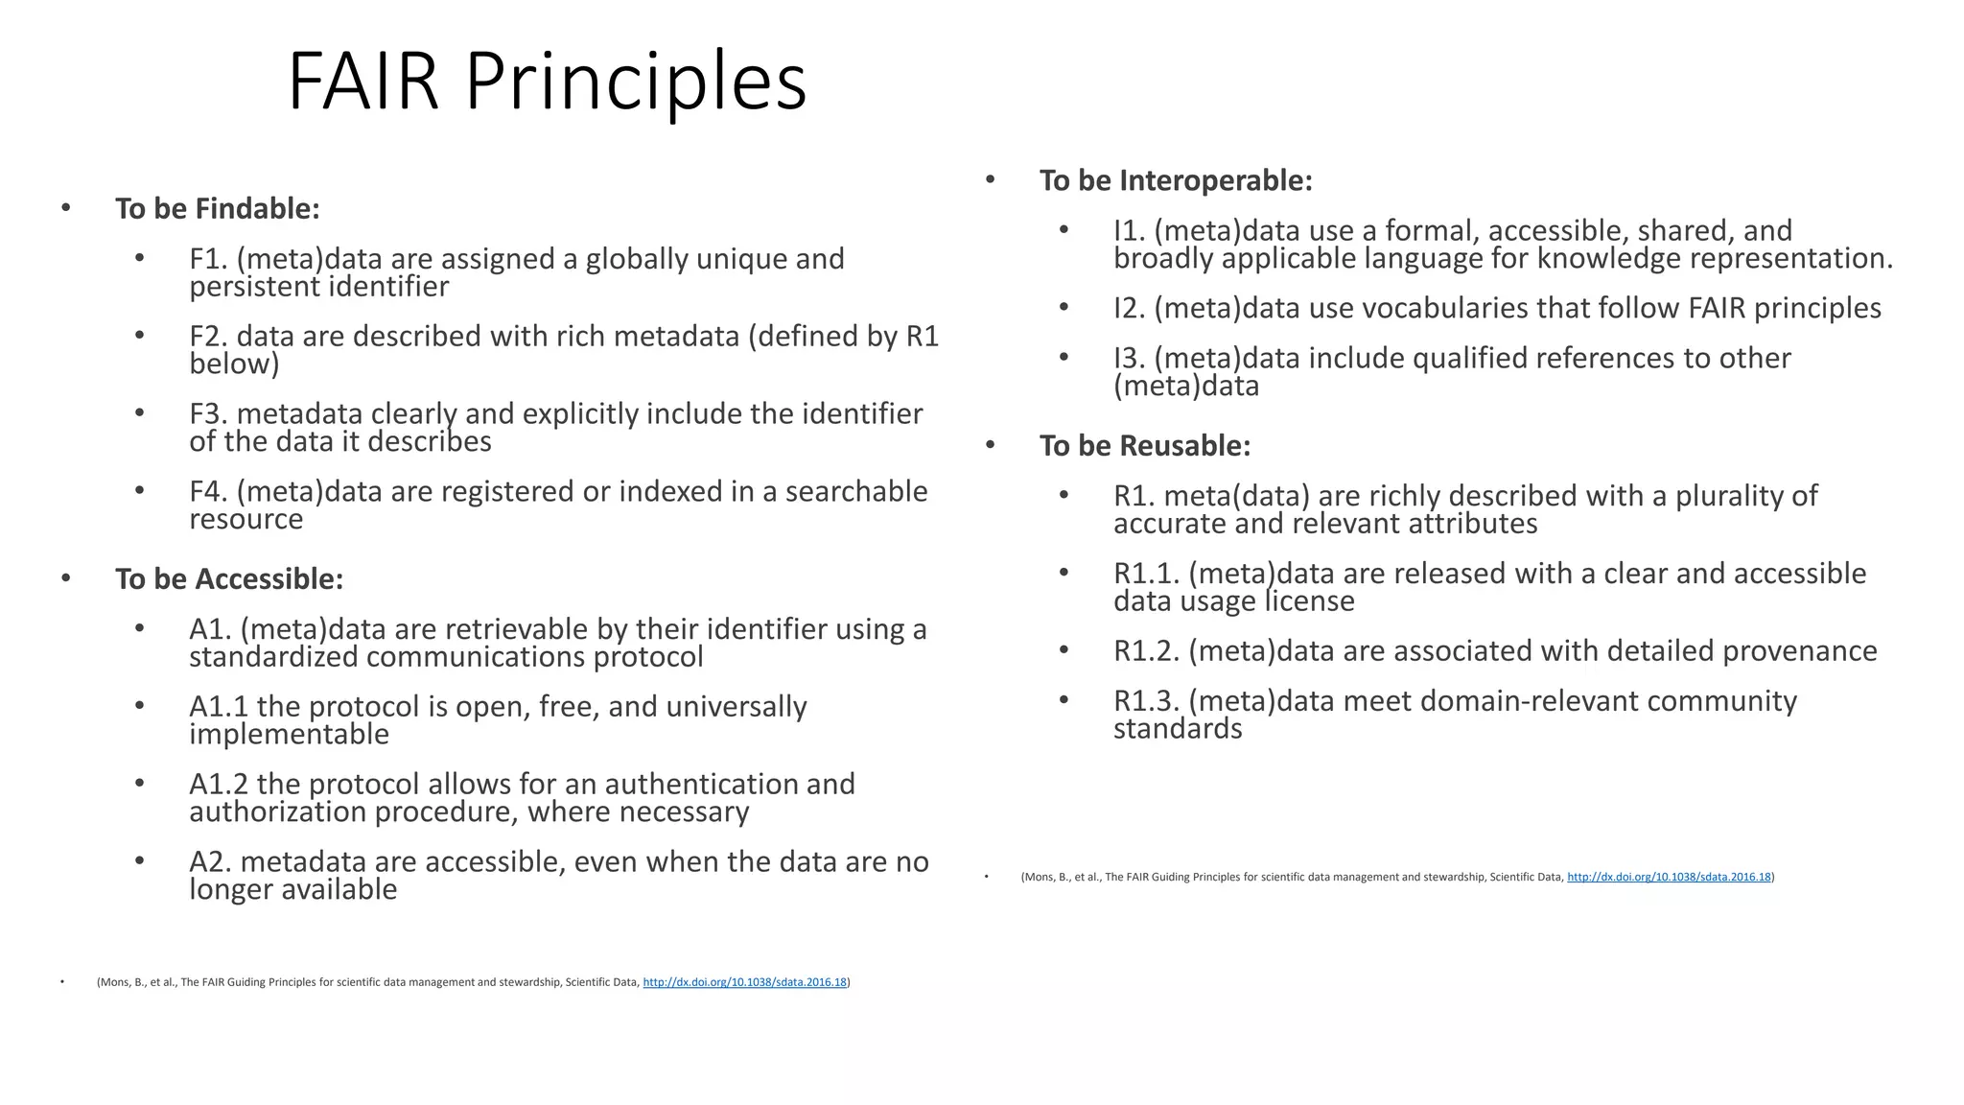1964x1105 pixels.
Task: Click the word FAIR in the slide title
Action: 362,82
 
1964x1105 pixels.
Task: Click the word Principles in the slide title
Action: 636,82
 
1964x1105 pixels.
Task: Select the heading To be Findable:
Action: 217,208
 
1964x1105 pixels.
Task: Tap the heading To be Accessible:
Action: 229,578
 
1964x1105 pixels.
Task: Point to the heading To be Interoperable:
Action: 1176,180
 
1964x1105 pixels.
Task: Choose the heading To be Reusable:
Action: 1145,445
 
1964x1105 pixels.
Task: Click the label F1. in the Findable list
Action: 209,259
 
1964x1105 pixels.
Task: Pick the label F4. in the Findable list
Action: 209,491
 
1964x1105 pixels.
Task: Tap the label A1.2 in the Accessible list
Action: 219,784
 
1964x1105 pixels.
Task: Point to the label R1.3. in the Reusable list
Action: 1147,701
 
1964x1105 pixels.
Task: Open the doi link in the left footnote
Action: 744,982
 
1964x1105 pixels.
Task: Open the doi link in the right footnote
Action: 1669,877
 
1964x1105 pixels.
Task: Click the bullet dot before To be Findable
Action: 65,208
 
